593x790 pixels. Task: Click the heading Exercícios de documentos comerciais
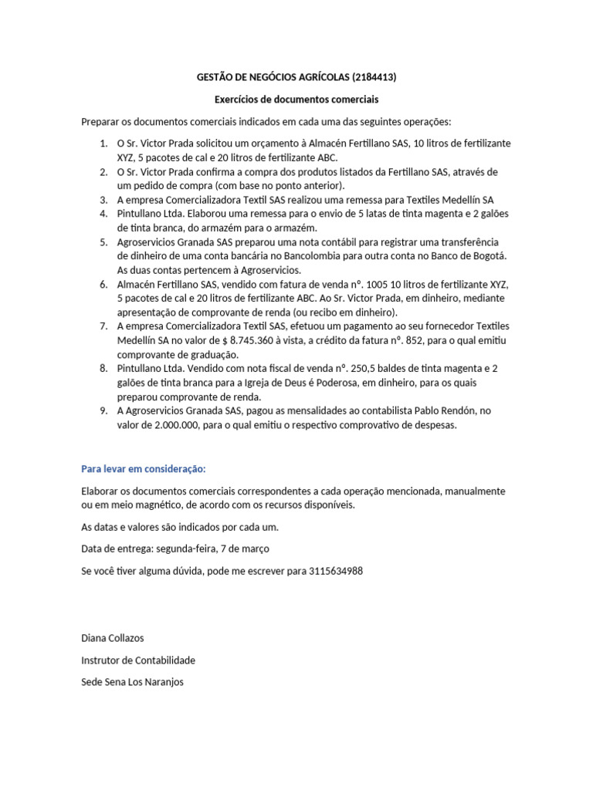point(296,100)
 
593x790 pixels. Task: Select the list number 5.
point(103,241)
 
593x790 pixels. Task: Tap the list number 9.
point(103,410)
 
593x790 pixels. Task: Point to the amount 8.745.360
point(279,340)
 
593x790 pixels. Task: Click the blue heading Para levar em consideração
point(144,468)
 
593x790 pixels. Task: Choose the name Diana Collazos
point(112,638)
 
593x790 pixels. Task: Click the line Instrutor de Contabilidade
point(138,660)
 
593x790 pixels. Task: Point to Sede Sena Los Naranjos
point(132,683)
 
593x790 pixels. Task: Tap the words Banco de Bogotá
point(469,255)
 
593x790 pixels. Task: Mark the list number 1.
point(103,143)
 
